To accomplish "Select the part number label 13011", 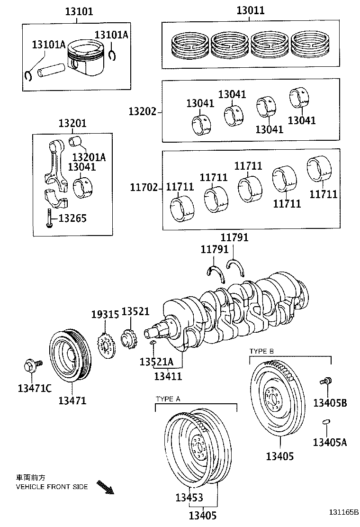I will pos(251,10).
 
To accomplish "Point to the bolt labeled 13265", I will pos(49,218).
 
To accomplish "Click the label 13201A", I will pos(89,157).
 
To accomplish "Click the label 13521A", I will pos(156,362).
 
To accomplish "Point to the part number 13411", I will pos(168,376).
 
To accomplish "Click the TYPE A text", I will pos(168,399).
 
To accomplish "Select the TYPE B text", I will pos(261,351).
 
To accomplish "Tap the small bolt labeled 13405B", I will pos(325,381).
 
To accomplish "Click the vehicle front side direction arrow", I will pos(105,487).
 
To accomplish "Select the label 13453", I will pos(189,498).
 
